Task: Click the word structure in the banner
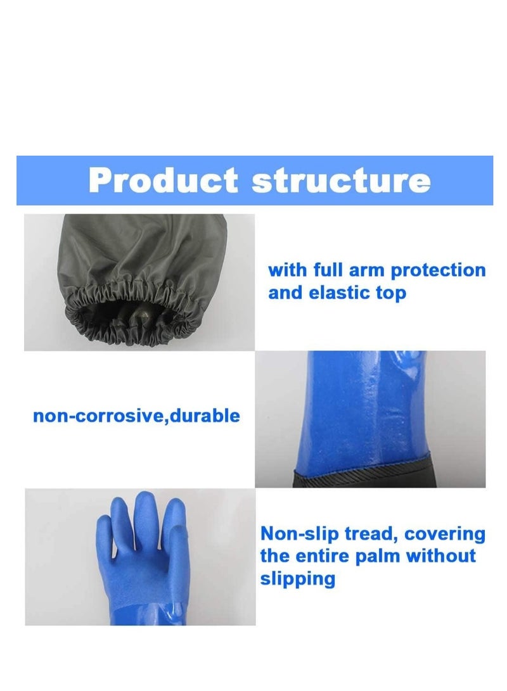click(x=341, y=181)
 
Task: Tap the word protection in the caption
click(x=438, y=270)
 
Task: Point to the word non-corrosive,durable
click(x=136, y=416)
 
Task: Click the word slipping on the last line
click(x=297, y=579)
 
